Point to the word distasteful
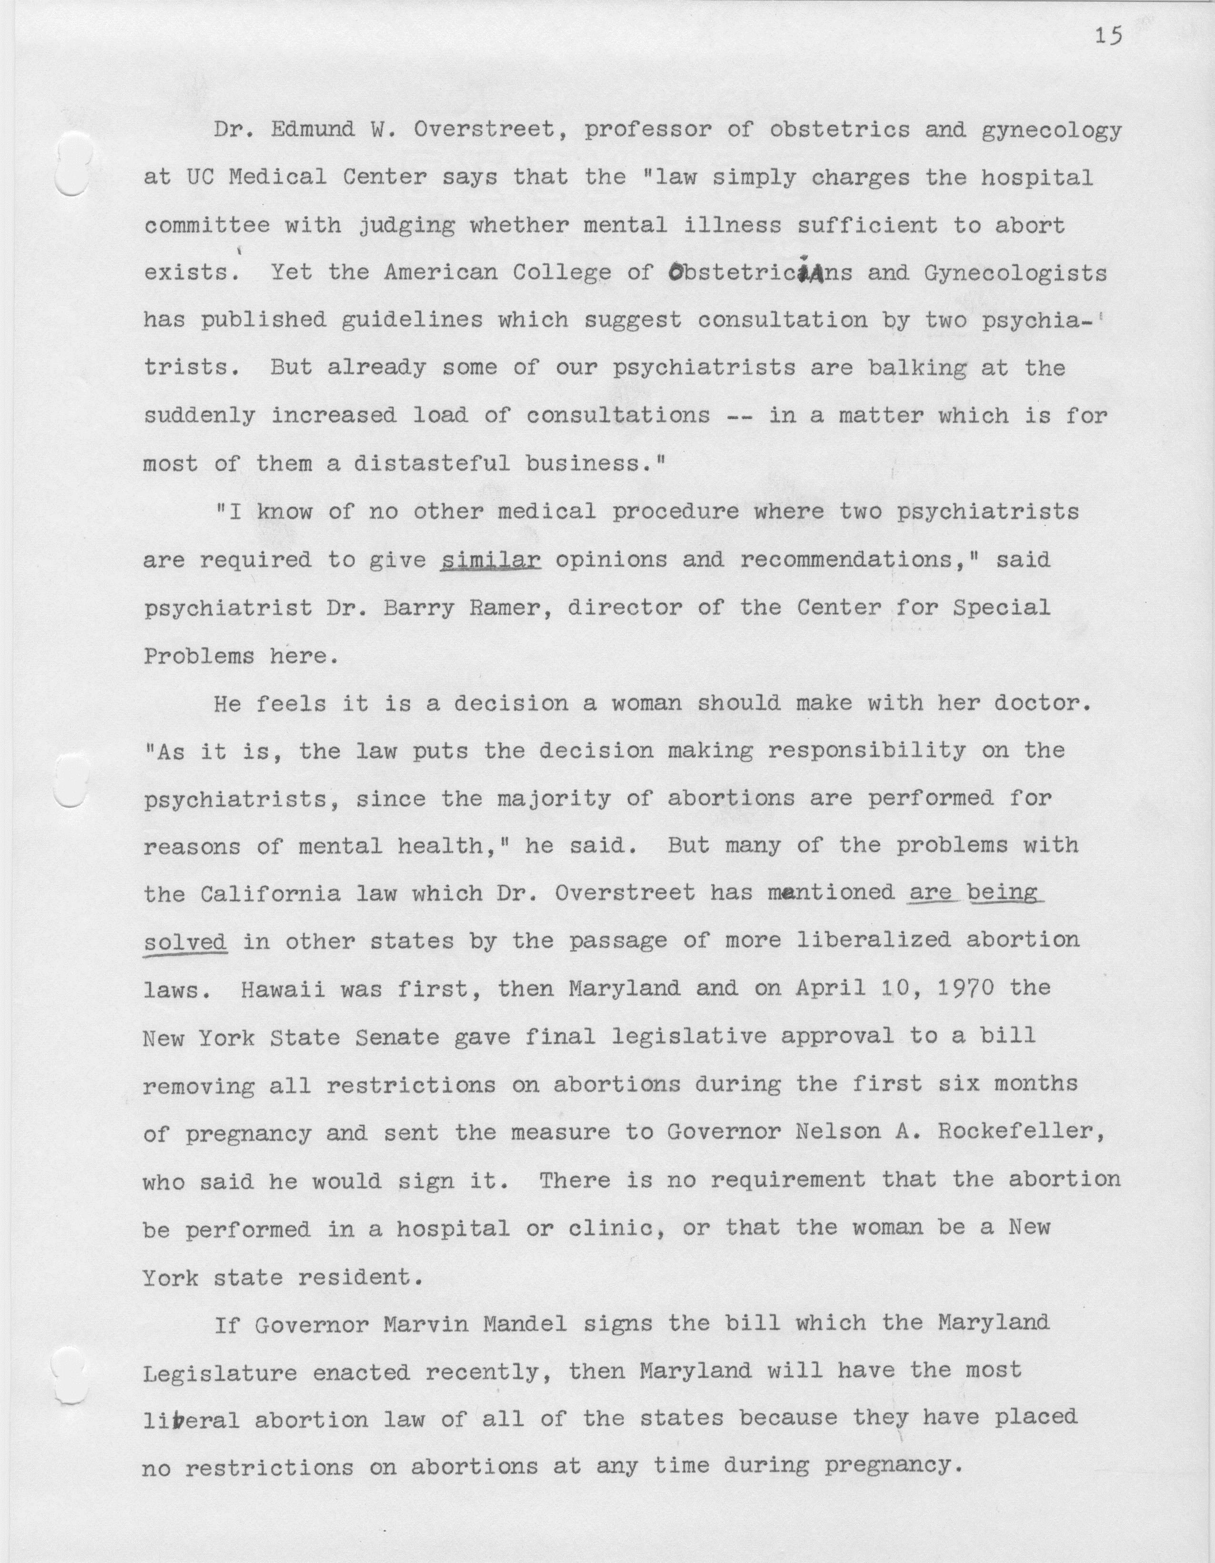[x=432, y=464]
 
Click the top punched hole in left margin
[x=71, y=163]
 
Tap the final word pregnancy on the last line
[x=889, y=1467]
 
